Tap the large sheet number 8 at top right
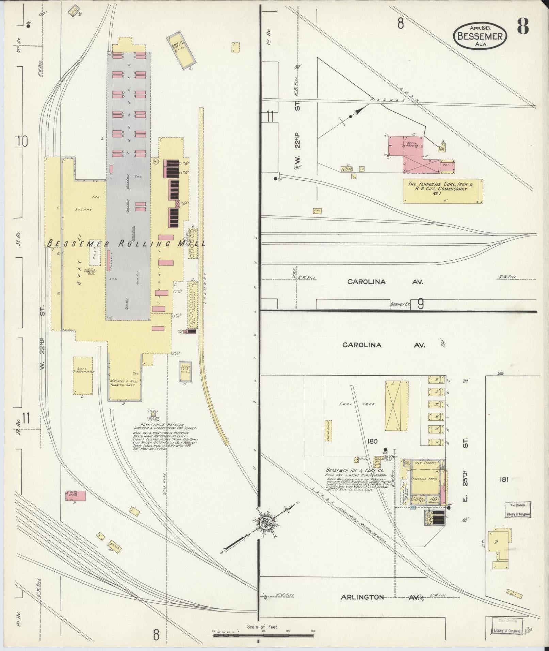click(523, 26)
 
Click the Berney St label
click(400, 305)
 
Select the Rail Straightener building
click(83, 375)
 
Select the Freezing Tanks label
click(423, 479)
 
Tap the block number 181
click(504, 479)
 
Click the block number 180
click(372, 441)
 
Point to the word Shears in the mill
click(83, 210)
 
